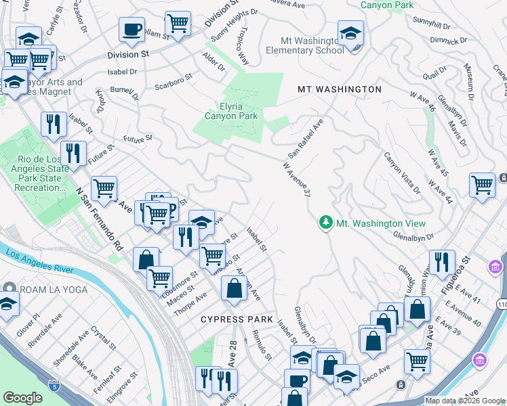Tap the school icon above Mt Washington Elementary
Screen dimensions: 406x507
coord(350,32)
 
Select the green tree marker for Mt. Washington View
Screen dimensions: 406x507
coord(326,223)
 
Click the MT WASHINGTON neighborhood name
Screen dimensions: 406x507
coord(340,89)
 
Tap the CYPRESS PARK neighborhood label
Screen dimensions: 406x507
coord(237,319)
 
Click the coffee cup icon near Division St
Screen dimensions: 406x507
coord(131,30)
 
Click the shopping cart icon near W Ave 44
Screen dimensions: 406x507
coord(482,185)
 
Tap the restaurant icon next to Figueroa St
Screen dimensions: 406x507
coord(441,261)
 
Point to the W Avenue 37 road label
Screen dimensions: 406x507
coord(296,179)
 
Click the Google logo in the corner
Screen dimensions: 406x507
coord(22,398)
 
